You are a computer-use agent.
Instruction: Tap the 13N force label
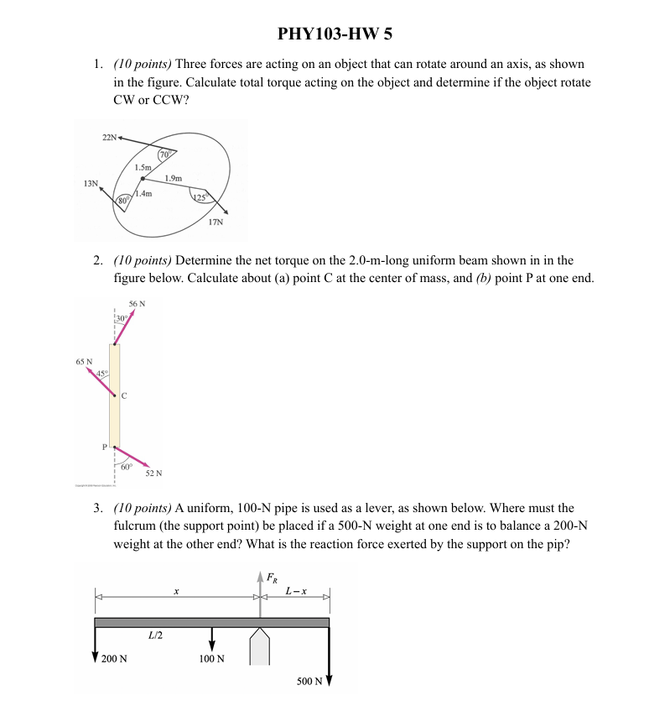(x=91, y=183)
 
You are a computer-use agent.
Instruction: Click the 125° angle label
(x=200, y=196)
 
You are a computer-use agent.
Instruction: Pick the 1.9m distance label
(x=174, y=177)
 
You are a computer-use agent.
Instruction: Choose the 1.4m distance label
(x=143, y=194)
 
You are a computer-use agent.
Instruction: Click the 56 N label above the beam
(x=137, y=304)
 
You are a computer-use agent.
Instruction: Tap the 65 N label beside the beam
(x=84, y=362)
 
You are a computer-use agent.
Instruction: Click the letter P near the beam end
(x=106, y=447)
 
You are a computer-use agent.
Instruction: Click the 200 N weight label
(x=114, y=659)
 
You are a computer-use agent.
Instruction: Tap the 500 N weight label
(x=309, y=681)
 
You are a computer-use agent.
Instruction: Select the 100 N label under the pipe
(x=211, y=659)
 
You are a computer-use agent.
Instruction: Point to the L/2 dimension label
(x=155, y=636)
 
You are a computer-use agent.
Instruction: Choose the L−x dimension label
(x=295, y=591)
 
